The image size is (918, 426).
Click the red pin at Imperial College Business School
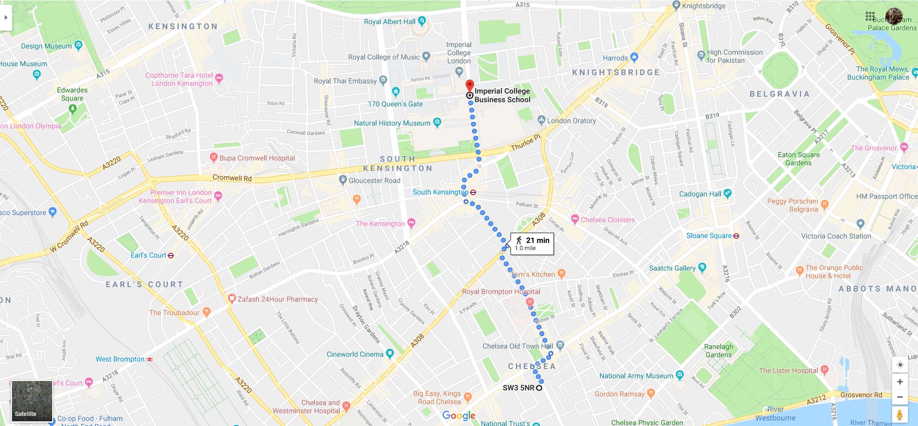470,85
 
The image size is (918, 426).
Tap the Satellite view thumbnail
32,401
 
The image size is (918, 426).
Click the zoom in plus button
900,381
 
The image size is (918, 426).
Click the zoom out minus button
900,397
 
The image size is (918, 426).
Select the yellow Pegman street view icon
900,415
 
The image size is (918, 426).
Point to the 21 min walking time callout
532,244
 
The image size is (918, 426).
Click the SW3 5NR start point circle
539,388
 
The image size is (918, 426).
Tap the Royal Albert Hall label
390,22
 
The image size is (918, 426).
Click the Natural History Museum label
392,123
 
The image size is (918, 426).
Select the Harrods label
615,58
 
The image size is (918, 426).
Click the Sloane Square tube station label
709,235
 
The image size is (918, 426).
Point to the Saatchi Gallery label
672,268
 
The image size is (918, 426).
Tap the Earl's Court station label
148,255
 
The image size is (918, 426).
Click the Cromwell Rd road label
232,178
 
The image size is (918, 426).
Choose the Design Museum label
46,46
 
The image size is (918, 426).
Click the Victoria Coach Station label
836,236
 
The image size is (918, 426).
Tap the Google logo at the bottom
458,415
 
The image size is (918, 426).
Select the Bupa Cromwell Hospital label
257,158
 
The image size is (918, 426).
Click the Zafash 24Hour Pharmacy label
277,299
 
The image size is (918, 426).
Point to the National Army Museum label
636,376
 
